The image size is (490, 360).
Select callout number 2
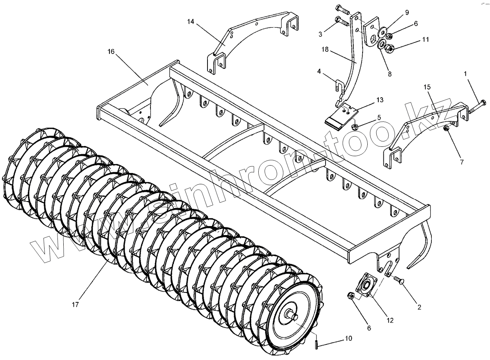[419, 307]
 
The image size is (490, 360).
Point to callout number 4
[319, 71]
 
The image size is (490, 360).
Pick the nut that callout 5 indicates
[355, 126]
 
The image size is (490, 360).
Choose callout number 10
[349, 338]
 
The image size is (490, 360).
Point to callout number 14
[190, 21]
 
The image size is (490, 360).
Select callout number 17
[75, 304]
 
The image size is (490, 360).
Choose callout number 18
[325, 50]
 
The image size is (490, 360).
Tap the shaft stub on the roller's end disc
[293, 314]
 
